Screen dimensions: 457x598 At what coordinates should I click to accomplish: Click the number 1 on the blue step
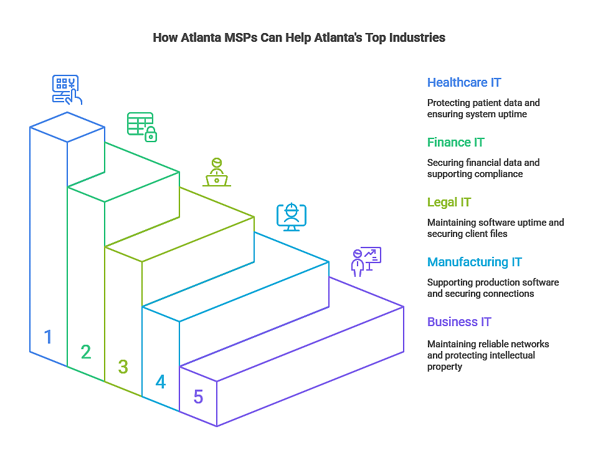[x=48, y=337]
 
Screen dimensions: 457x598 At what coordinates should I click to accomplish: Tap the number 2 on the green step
[x=86, y=352]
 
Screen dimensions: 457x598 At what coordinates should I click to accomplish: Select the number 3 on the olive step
[x=123, y=367]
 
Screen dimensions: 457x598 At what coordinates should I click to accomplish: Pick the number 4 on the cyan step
[x=161, y=382]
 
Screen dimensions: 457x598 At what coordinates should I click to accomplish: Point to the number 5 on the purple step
[x=198, y=397]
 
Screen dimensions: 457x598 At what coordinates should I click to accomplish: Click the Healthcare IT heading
[x=463, y=82]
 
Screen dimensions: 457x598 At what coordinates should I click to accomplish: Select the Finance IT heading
[x=455, y=142]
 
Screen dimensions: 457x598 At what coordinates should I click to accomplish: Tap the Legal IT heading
[x=448, y=202]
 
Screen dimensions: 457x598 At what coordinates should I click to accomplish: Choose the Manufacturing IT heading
[x=475, y=262]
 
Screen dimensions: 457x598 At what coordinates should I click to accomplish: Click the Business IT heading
[x=459, y=322]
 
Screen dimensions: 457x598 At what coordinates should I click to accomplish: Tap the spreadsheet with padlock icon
[x=142, y=127]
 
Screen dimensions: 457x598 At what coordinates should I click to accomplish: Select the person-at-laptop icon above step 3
[x=217, y=172]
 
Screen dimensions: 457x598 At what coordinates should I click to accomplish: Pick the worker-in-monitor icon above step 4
[x=292, y=217]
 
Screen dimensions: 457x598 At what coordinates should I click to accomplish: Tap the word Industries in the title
[x=417, y=37]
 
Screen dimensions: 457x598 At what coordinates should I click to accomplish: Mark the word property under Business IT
[x=445, y=367]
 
